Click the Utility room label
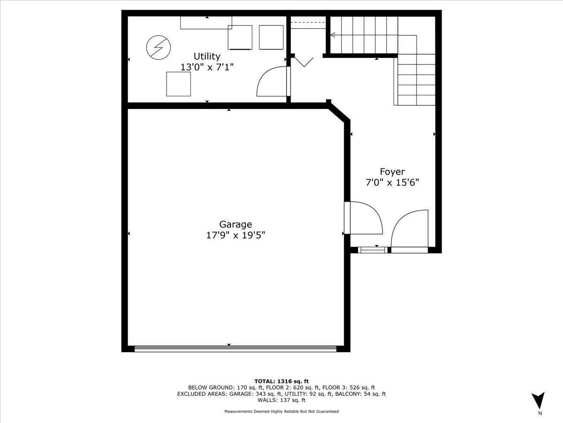point(207,56)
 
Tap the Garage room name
point(236,225)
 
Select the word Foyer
point(392,172)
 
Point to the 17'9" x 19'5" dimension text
point(236,235)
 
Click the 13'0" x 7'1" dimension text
point(207,67)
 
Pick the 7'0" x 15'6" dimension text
point(392,183)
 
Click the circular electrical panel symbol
point(159,47)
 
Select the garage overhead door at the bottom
point(236,349)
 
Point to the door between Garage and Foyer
point(364,218)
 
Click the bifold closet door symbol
point(304,62)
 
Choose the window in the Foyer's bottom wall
point(373,250)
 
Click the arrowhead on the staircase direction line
point(333,35)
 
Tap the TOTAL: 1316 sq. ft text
point(281,381)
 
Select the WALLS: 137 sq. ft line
point(281,400)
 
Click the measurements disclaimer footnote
point(281,411)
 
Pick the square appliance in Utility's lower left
point(179,84)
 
